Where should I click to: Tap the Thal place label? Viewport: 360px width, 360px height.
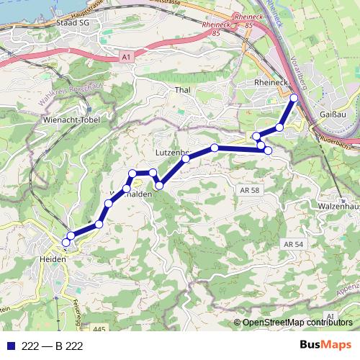(181, 91)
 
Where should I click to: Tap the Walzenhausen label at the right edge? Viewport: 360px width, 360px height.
(338, 206)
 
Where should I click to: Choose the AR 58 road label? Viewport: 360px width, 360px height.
(246, 188)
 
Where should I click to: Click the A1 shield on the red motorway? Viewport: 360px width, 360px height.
(127, 56)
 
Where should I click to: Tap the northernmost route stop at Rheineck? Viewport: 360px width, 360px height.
(294, 97)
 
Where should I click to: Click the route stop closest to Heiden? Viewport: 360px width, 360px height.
(66, 243)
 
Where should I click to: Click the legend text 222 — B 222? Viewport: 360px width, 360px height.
(53, 346)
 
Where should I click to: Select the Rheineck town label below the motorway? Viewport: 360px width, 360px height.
(271, 84)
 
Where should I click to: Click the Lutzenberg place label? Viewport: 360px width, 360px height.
(172, 153)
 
